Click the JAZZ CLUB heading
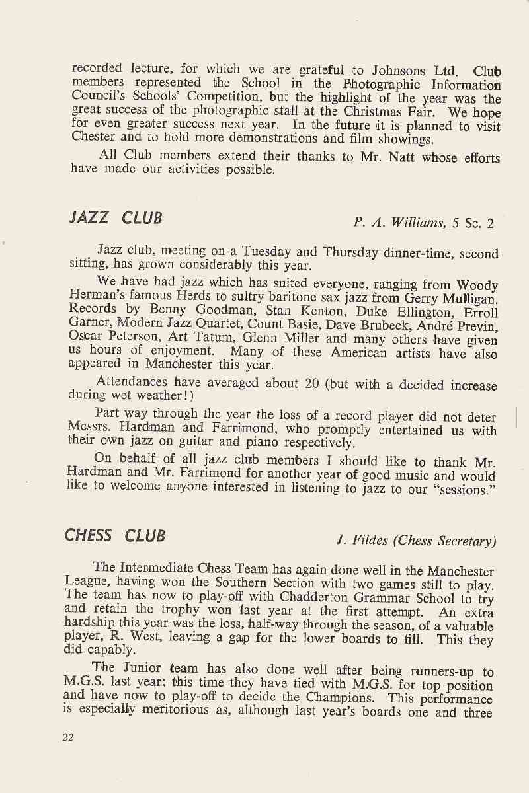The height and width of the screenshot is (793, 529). tap(116, 218)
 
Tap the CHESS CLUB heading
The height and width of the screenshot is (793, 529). tap(115, 535)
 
